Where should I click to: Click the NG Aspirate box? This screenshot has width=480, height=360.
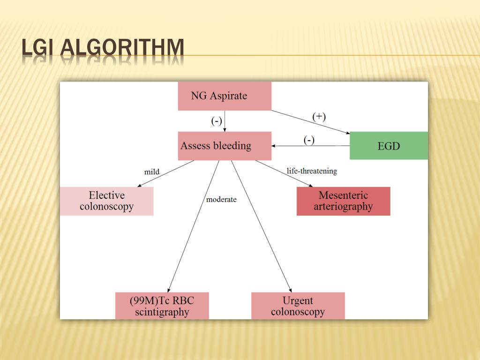pos(225,96)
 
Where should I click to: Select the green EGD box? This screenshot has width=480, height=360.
pos(389,146)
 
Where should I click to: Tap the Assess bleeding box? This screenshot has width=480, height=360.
pos(225,146)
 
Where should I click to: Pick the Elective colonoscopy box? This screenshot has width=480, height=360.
pos(106,201)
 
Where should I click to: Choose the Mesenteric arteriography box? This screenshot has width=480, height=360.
pos(343,201)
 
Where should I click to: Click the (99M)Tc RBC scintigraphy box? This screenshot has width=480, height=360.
pos(162,306)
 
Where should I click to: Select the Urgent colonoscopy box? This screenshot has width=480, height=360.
pos(298,306)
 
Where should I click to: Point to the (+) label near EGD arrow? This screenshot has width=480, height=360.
pos(319,117)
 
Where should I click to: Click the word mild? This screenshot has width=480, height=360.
pos(152,172)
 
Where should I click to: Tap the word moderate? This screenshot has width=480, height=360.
pos(221,200)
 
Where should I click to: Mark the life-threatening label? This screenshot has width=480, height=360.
pos(312,171)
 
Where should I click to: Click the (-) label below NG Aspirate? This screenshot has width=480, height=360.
pos(216,121)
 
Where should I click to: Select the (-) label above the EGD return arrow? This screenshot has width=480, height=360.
pos(309,140)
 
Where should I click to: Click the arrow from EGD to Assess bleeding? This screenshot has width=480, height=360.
pos(311,146)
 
